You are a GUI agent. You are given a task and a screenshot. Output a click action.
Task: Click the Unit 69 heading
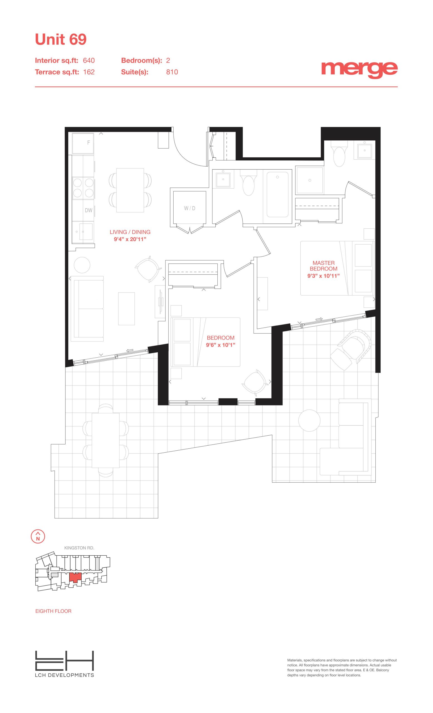[61, 39]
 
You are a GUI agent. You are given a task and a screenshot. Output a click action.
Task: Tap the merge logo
[359, 69]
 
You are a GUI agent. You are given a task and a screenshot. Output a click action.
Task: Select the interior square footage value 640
[89, 60]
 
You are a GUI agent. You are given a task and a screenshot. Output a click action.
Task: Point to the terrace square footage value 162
[89, 72]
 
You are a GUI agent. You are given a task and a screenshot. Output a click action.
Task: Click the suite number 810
[172, 72]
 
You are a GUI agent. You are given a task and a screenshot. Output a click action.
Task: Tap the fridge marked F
[83, 143]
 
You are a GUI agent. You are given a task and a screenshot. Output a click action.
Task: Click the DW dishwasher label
[89, 210]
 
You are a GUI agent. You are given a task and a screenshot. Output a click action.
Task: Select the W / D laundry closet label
[189, 208]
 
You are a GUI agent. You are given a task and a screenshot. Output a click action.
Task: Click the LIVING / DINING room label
[130, 232]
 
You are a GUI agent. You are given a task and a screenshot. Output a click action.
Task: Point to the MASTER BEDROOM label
[323, 266]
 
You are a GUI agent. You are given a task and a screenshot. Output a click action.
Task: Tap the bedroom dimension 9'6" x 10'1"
[221, 345]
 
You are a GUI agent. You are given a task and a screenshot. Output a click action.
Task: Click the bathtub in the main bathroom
[278, 194]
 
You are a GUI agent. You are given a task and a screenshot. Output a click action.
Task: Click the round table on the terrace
[309, 421]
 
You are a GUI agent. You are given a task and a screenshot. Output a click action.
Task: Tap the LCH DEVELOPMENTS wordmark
[65, 675]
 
